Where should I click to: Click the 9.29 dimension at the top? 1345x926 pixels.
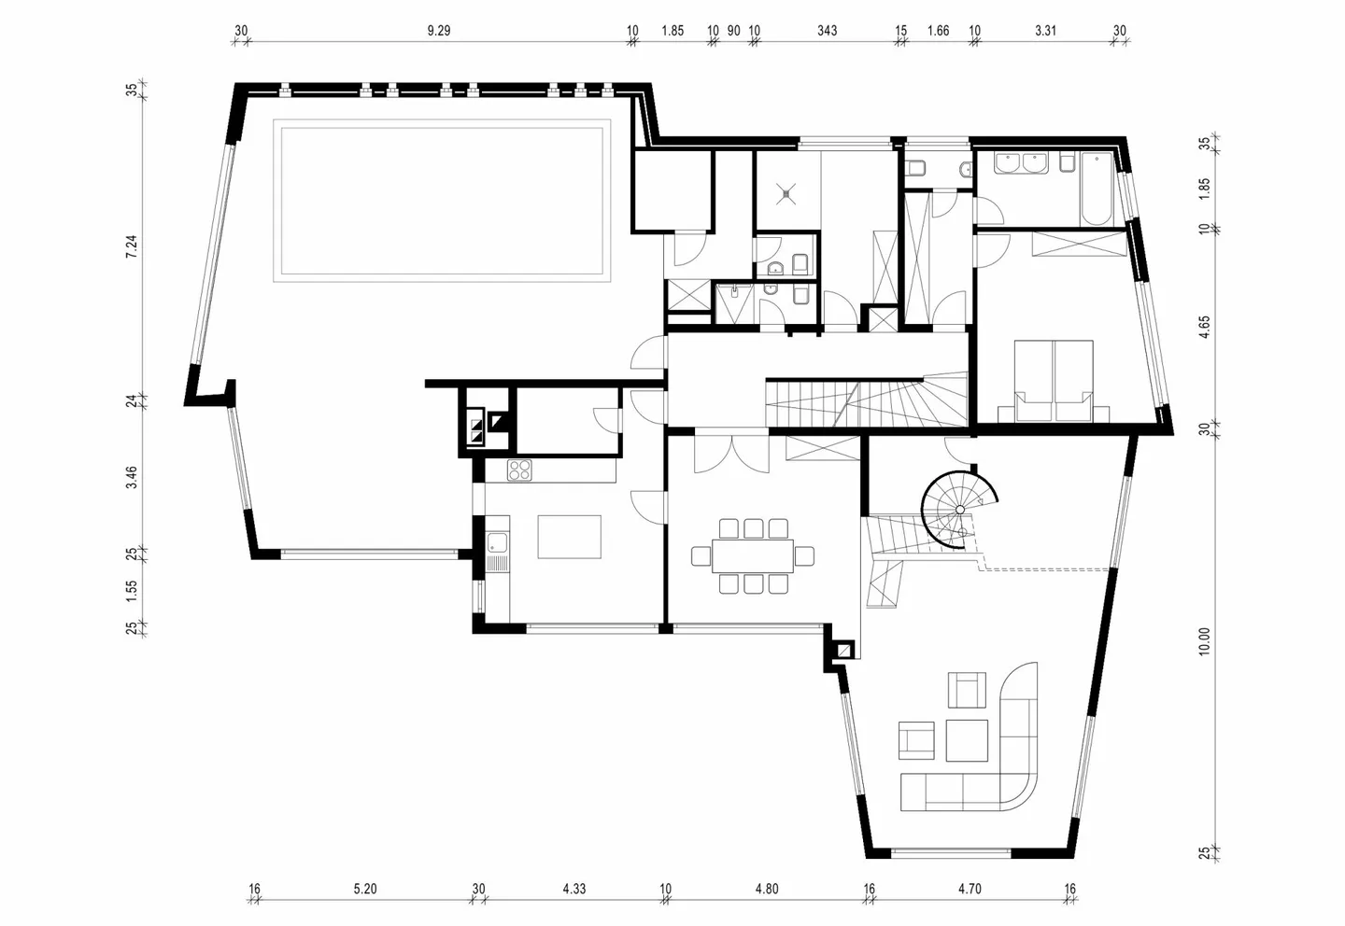(x=439, y=31)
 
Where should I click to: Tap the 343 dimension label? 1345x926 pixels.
(x=827, y=31)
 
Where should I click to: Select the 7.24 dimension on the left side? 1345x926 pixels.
(x=132, y=246)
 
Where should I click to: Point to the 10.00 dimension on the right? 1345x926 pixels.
(x=1204, y=641)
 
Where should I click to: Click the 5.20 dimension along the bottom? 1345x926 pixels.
(x=365, y=889)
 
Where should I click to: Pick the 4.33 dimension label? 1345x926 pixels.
(x=574, y=889)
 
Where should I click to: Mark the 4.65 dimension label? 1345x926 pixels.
(x=1204, y=327)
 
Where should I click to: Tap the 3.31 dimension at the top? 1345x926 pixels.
(x=1045, y=31)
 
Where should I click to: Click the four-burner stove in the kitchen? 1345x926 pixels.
(x=519, y=470)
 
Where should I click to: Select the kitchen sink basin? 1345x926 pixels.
(x=497, y=543)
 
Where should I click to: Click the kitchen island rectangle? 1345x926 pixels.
(x=569, y=537)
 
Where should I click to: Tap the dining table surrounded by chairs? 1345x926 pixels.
(x=753, y=555)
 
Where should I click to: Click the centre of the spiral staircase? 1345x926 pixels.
(x=959, y=510)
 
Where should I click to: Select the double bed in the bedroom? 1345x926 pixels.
(x=1054, y=381)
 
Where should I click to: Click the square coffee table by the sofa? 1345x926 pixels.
(x=967, y=740)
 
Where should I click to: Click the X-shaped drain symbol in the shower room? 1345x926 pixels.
(x=786, y=194)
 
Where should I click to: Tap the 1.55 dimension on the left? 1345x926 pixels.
(x=132, y=591)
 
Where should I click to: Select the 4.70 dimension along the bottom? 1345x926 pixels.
(x=970, y=889)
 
